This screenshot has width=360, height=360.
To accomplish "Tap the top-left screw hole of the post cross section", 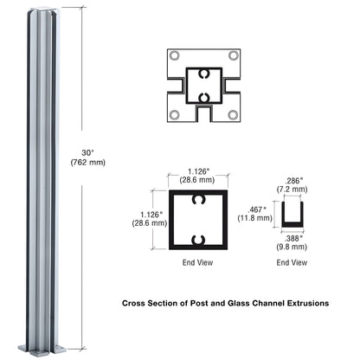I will (x=175, y=56).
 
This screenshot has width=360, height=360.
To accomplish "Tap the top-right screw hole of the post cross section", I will (x=233, y=56).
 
